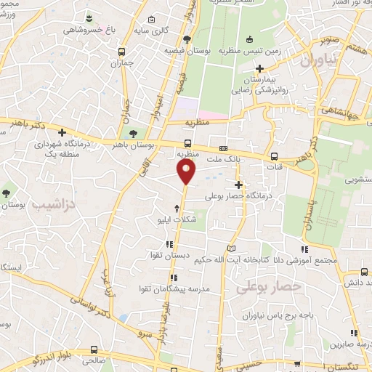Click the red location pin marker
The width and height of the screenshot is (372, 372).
coord(187,171)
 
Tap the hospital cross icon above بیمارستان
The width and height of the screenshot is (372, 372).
coord(260,68)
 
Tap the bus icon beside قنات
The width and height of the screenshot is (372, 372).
coord(274,155)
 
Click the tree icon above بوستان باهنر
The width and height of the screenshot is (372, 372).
coord(132,133)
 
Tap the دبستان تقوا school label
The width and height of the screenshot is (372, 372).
coord(169,256)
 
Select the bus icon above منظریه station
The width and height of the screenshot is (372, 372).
coord(188,143)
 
